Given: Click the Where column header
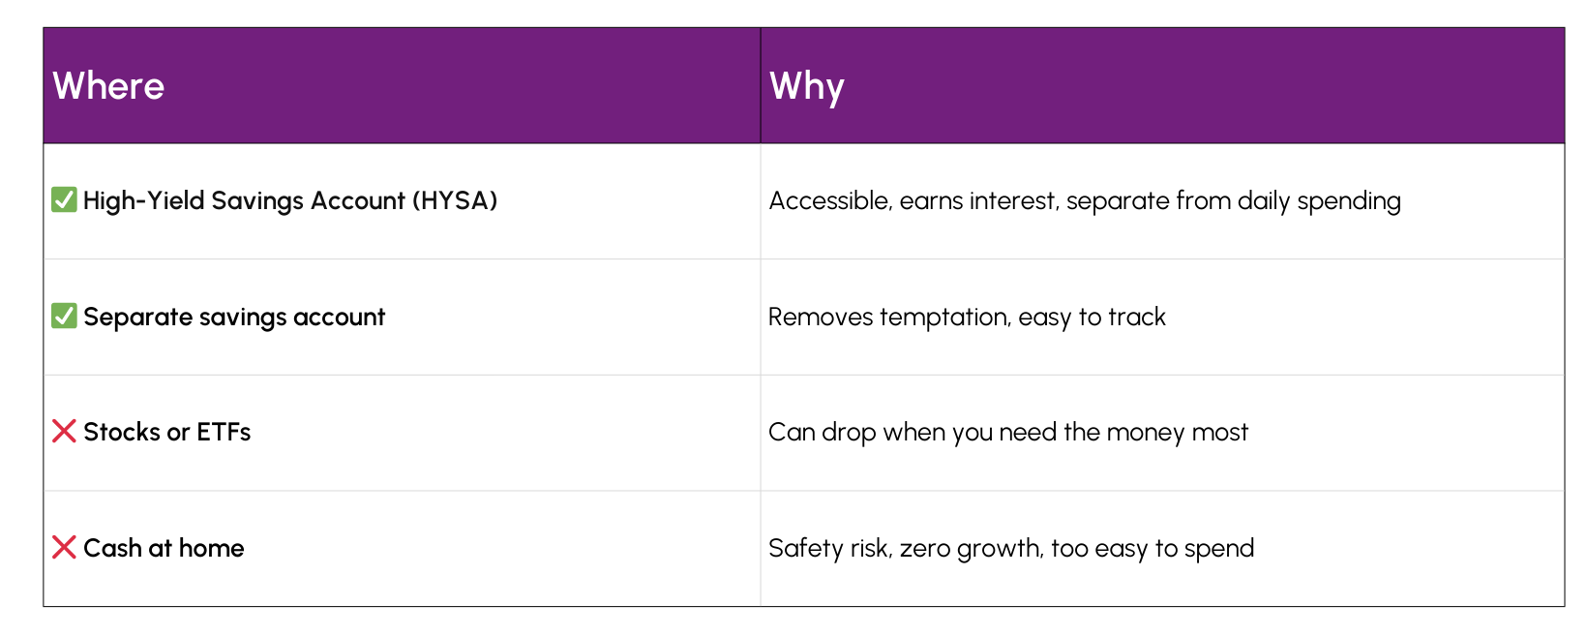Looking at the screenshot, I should click(x=108, y=86).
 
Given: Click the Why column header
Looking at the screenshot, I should click(x=806, y=86).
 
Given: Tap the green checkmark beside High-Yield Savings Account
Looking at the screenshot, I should click(x=64, y=200).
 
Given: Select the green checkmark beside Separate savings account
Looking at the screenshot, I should click(x=64, y=317).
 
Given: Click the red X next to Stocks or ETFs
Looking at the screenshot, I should click(x=64, y=432).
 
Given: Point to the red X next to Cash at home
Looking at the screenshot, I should click(x=64, y=548).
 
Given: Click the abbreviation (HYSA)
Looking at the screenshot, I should click(x=455, y=200).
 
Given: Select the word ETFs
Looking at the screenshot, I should click(x=224, y=432).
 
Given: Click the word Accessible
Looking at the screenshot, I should click(x=829, y=200).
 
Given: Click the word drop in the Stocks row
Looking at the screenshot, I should click(x=849, y=432).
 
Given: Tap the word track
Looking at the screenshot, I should click(x=1137, y=317).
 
